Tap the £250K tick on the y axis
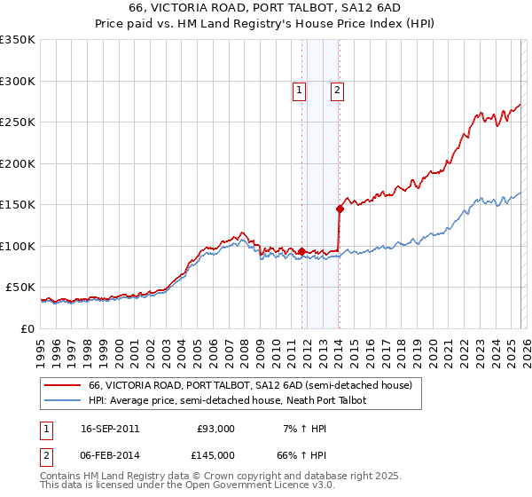coord(18,122)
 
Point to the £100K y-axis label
coord(18,246)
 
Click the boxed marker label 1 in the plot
coord(299,90)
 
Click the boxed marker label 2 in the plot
coord(338,90)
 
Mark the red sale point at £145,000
coord(340,209)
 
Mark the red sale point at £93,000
coord(302,252)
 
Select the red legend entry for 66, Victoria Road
coord(250,386)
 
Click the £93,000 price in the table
coord(215,429)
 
